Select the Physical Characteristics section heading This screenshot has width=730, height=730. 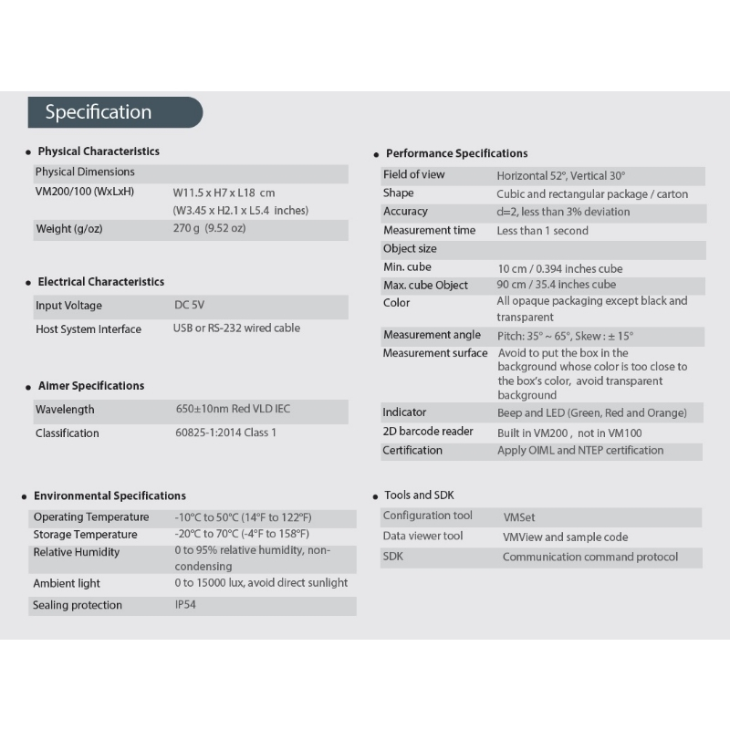pyautogui.click(x=99, y=151)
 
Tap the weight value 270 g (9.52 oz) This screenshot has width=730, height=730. pyautogui.click(x=209, y=228)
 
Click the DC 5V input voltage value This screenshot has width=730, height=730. pyautogui.click(x=190, y=305)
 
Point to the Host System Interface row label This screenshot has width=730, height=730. pyautogui.click(x=89, y=328)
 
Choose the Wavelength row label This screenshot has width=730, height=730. pyautogui.click(x=65, y=410)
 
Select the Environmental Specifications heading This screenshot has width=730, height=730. pyautogui.click(x=109, y=495)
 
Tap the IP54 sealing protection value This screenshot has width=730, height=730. pyautogui.click(x=185, y=604)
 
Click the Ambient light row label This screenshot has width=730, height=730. pyautogui.click(x=67, y=583)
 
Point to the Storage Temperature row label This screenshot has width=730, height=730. pyautogui.click(x=85, y=534)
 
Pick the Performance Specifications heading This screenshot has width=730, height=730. pyautogui.click(x=456, y=153)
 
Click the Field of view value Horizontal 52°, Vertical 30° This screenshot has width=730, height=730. pyautogui.click(x=561, y=175)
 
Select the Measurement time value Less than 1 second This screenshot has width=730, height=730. pyautogui.click(x=542, y=231)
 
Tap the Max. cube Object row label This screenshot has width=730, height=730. pyautogui.click(x=425, y=285)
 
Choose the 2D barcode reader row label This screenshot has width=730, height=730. pyautogui.click(x=428, y=431)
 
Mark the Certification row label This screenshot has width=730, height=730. pyautogui.click(x=412, y=450)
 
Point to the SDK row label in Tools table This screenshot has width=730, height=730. pyautogui.click(x=393, y=556)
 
